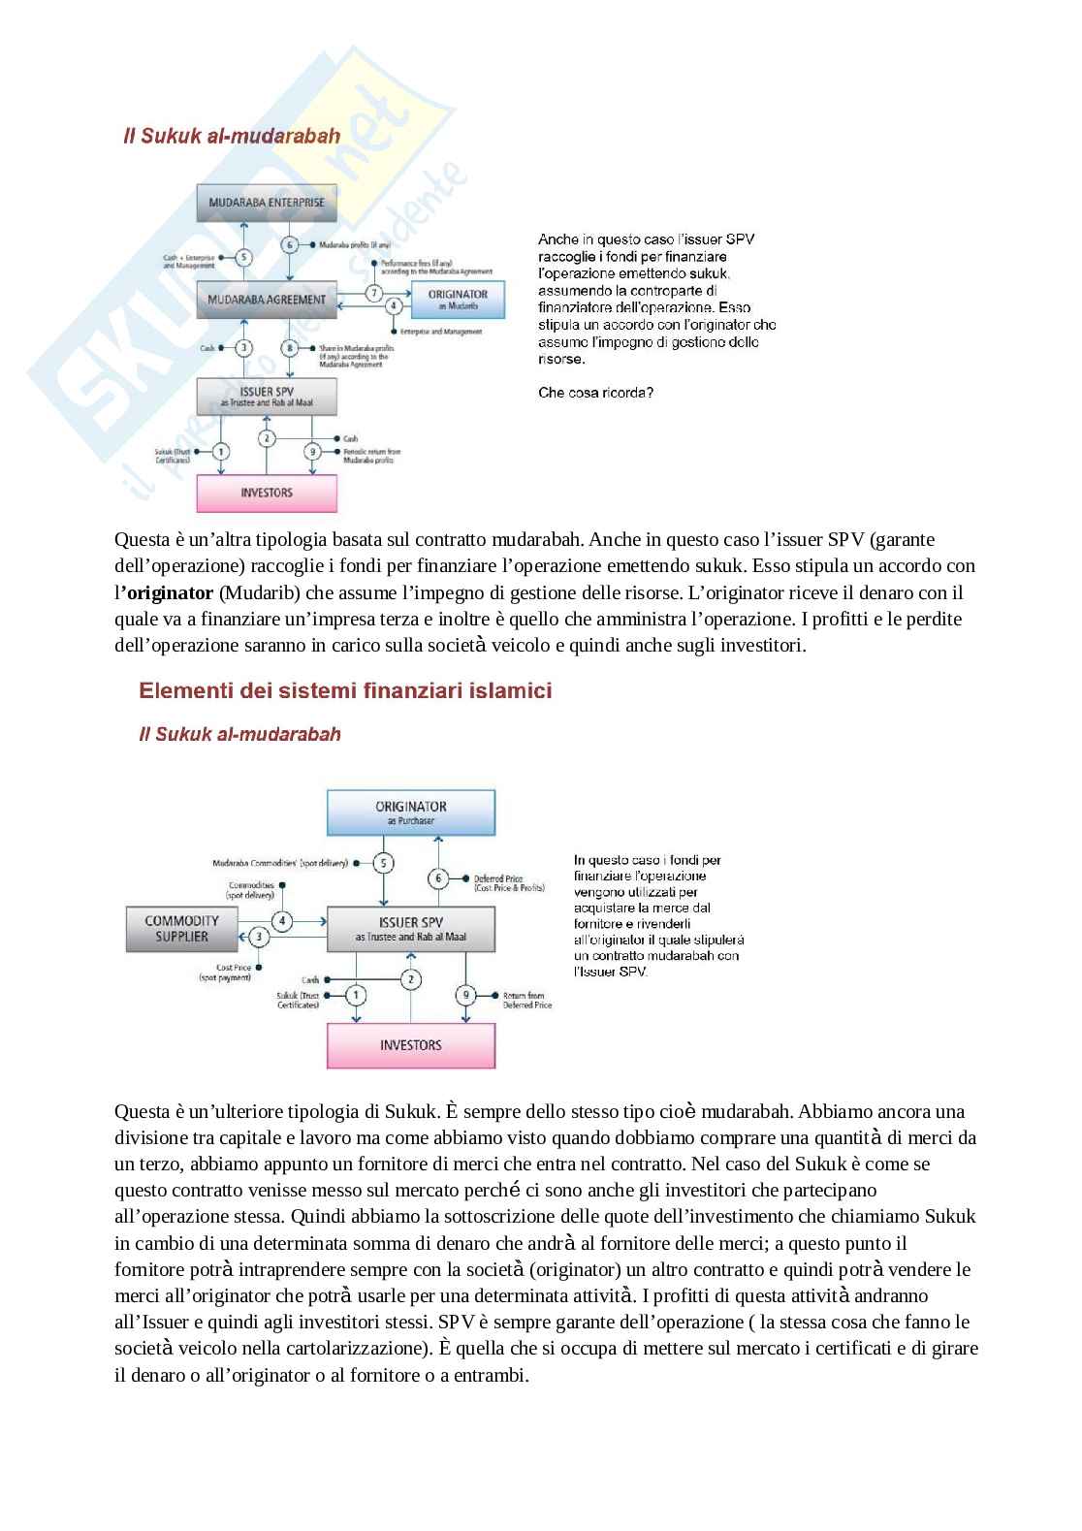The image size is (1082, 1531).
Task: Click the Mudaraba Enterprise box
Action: [267, 203]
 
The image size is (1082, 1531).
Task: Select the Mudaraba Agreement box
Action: [267, 300]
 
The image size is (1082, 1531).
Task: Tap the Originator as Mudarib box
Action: [458, 299]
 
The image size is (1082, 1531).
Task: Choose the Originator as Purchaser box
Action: [411, 813]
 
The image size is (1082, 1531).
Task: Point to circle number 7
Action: [374, 293]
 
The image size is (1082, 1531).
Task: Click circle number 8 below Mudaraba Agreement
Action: [288, 347]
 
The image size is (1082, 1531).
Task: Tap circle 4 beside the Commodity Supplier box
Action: [282, 920]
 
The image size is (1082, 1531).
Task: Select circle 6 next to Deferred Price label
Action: [438, 878]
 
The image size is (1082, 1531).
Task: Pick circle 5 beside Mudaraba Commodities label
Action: [384, 863]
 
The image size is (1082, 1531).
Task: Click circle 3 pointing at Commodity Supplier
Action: [259, 937]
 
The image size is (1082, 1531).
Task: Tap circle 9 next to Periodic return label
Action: [311, 451]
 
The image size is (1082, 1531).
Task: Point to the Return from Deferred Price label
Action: [526, 1000]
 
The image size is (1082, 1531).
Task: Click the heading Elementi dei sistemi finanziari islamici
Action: [345, 690]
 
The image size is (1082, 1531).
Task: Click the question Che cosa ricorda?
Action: [595, 393]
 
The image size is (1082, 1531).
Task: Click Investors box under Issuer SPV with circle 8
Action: [267, 493]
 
